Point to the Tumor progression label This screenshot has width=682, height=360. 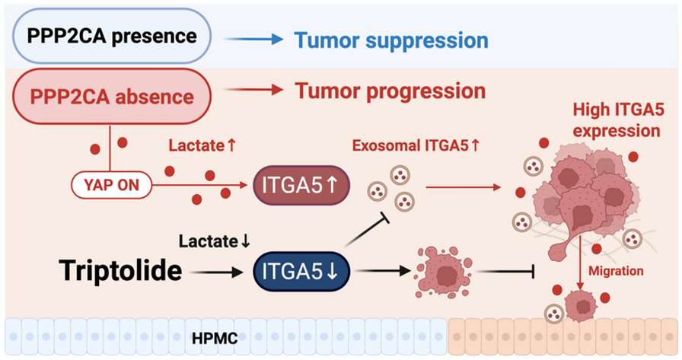pos(390,91)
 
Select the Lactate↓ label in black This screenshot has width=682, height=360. pos(215,242)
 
